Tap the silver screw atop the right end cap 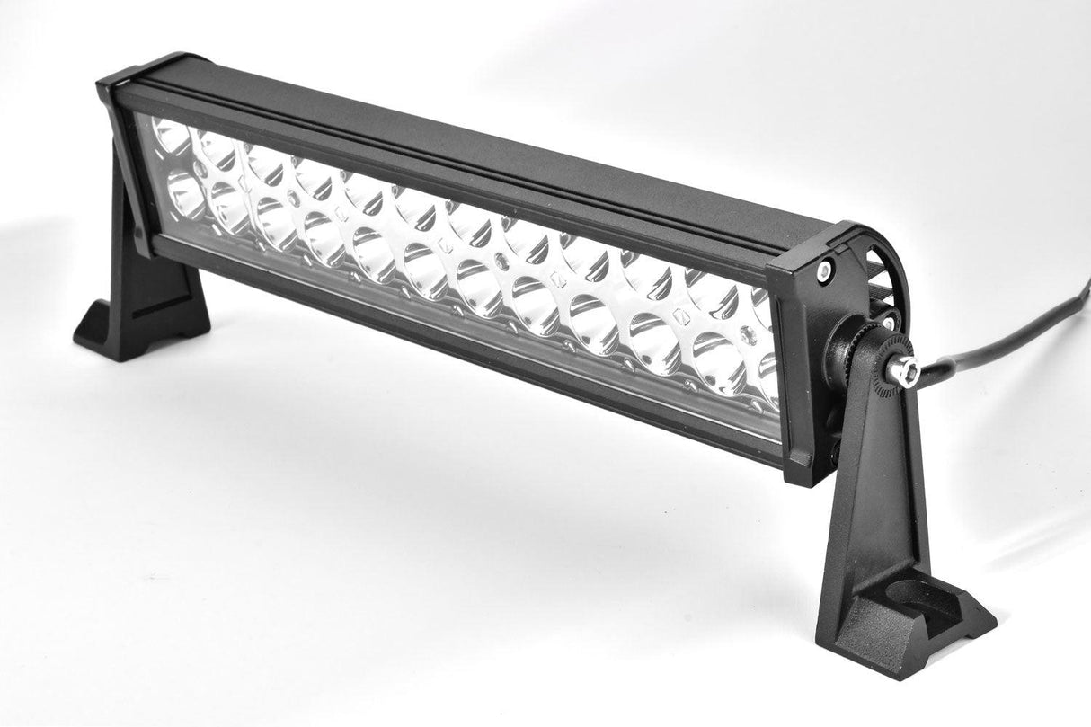[x=824, y=267]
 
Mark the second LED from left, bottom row [x=229, y=208]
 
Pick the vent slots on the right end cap [x=879, y=270]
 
